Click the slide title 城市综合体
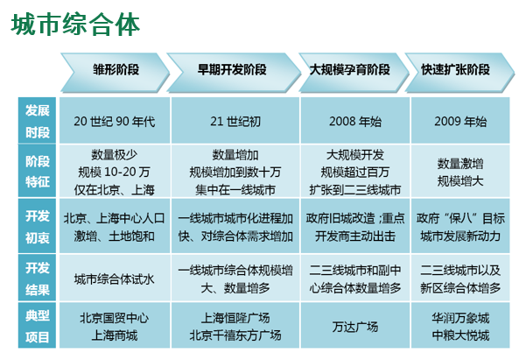tap(75, 25)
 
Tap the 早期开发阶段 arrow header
tap(234, 72)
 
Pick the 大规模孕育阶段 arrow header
tap(354, 72)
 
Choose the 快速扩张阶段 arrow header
tap(459, 72)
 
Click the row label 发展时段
tap(37, 121)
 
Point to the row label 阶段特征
tap(37, 171)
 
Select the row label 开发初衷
tap(37, 226)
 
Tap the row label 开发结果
tap(37, 279)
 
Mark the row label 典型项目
tap(37, 325)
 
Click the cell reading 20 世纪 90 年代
tap(115, 121)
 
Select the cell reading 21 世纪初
tap(235, 121)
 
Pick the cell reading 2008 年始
tap(355, 121)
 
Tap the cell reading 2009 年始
tap(460, 121)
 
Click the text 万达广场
tap(355, 327)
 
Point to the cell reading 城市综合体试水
tap(115, 279)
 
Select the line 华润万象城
tap(460, 318)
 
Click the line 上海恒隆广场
tap(235, 318)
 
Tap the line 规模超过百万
tap(355, 172)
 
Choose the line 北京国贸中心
tap(115, 318)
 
